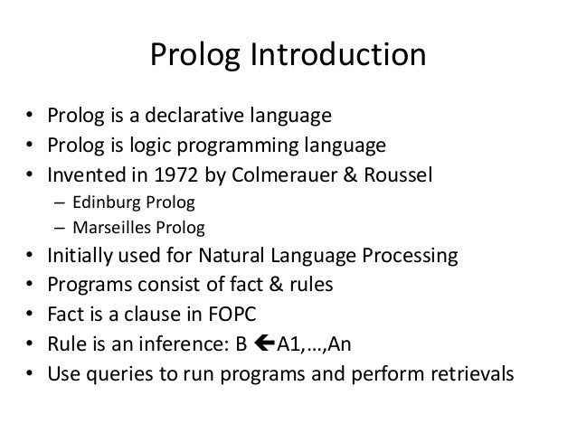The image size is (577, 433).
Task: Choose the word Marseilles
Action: coord(100,226)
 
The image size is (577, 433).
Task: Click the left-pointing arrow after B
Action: coord(232,341)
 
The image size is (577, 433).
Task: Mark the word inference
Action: coord(164,341)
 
